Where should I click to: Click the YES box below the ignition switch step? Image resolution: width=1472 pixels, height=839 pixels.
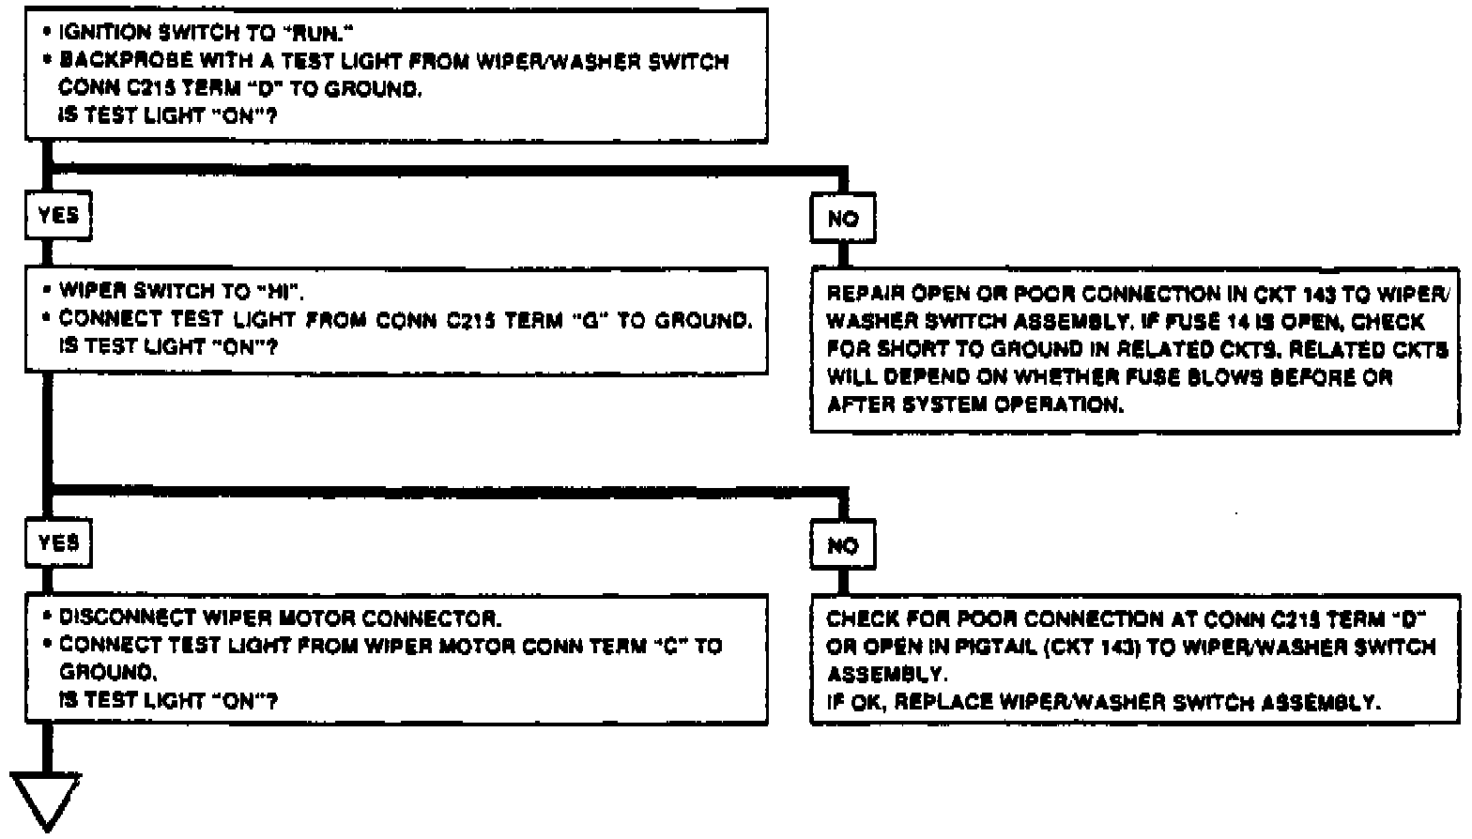pos(58,216)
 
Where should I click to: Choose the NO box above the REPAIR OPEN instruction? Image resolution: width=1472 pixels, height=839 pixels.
pos(843,219)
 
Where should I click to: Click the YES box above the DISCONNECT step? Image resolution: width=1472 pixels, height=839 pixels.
pos(58,543)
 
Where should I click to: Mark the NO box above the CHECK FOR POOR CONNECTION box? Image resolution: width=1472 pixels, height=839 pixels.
pos(843,545)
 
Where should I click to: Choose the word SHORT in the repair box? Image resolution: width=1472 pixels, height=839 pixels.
pos(902,350)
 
